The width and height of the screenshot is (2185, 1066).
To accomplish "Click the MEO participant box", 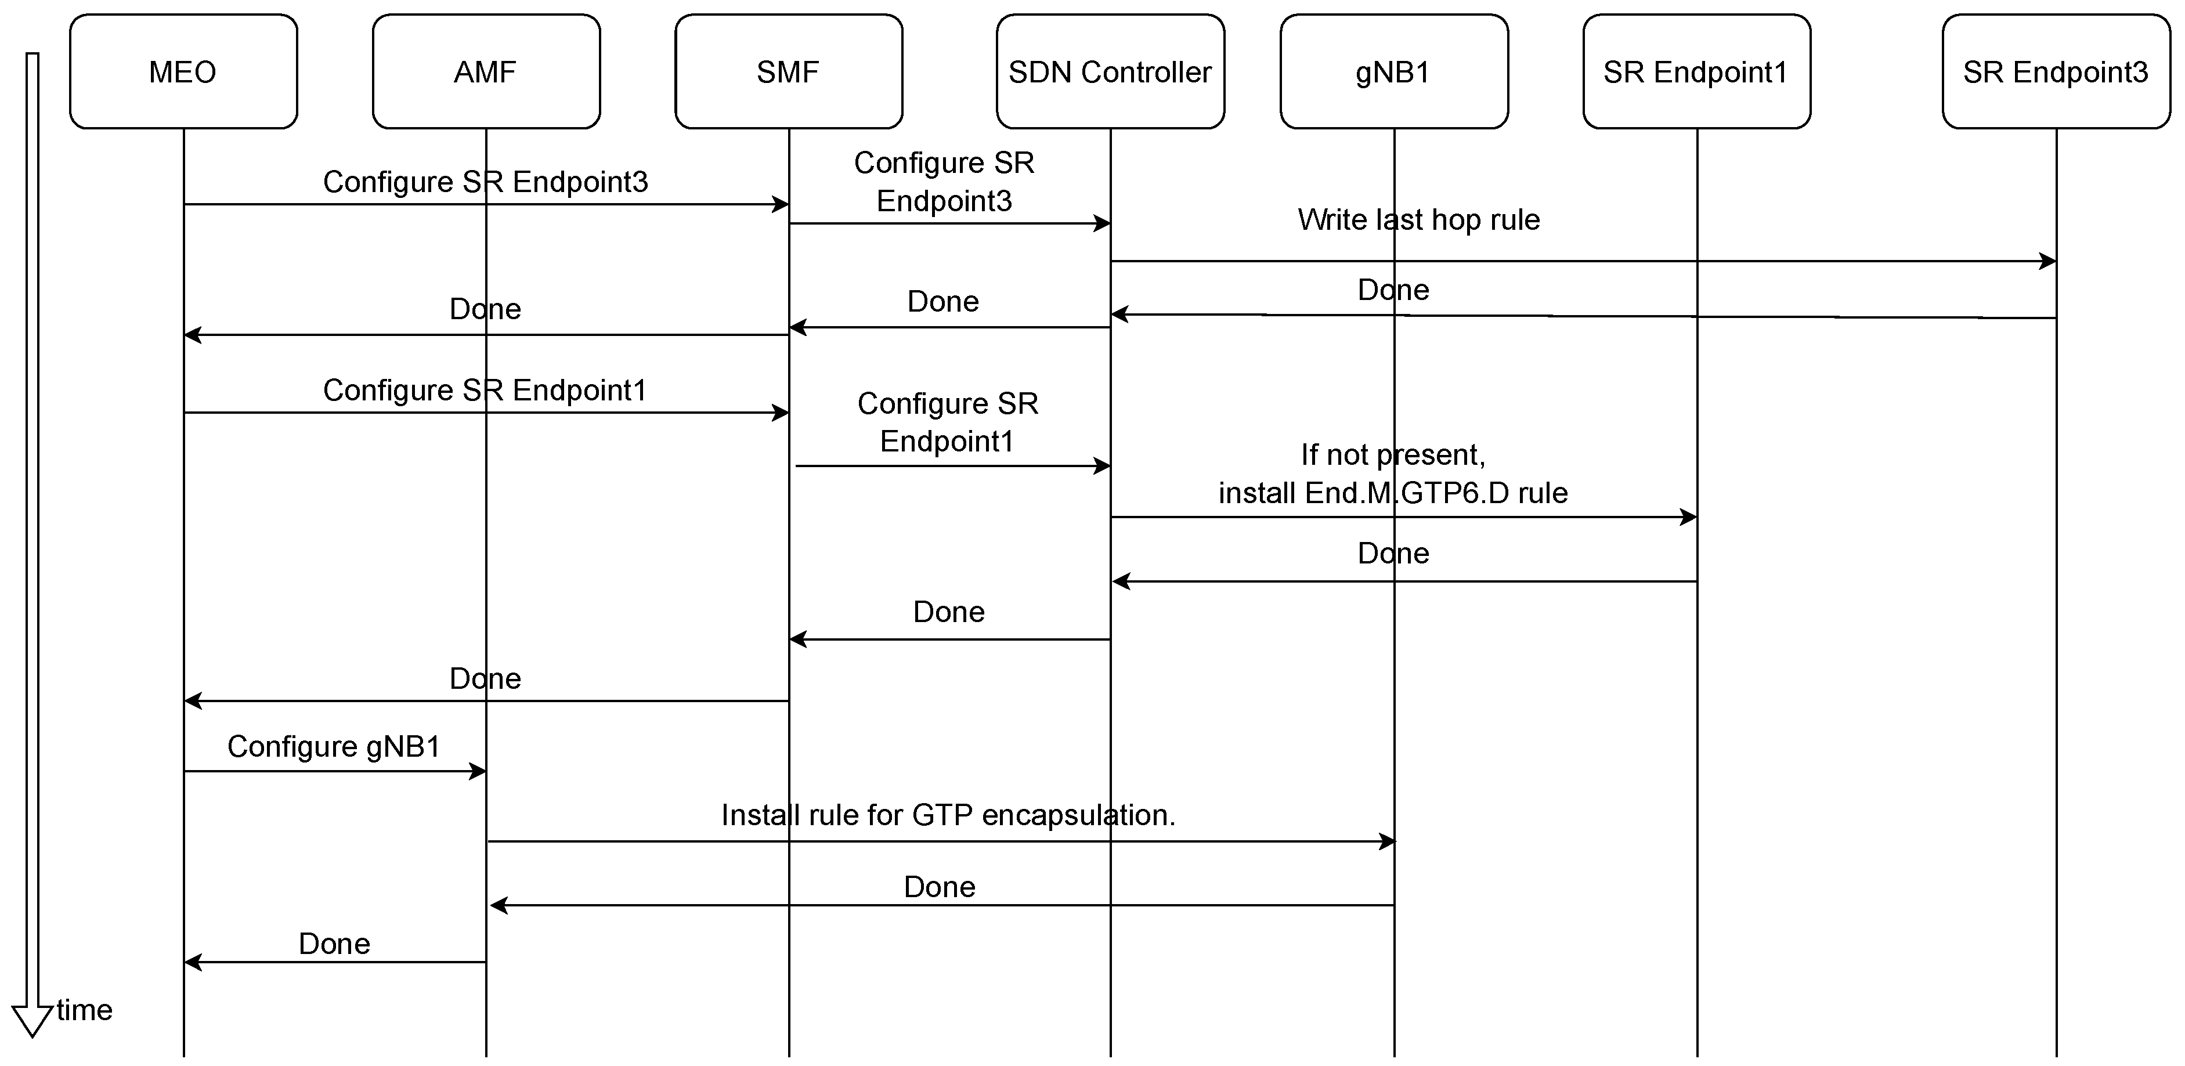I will pos(183,71).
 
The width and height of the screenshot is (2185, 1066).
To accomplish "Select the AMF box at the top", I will pos(486,71).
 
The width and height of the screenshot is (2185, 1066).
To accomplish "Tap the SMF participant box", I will pos(789,71).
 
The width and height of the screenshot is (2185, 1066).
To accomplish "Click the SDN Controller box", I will pos(1110,71).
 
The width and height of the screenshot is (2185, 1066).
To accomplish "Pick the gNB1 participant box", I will pos(1393,71).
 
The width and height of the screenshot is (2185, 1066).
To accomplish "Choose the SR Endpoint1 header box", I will pos(1696,71).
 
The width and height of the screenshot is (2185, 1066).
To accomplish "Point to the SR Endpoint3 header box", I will pos(2055,71).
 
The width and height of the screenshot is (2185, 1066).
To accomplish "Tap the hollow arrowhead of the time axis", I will pos(32,1020).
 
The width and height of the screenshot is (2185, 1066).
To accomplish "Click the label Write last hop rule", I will pos(1418,220).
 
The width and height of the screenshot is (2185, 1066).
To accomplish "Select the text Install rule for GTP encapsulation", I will pos(948,815).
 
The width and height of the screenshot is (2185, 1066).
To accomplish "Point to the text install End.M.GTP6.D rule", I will pos(1393,493).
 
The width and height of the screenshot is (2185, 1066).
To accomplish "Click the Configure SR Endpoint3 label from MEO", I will pos(485,182).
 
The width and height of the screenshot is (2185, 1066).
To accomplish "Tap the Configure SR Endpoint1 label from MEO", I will pos(485,390).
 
